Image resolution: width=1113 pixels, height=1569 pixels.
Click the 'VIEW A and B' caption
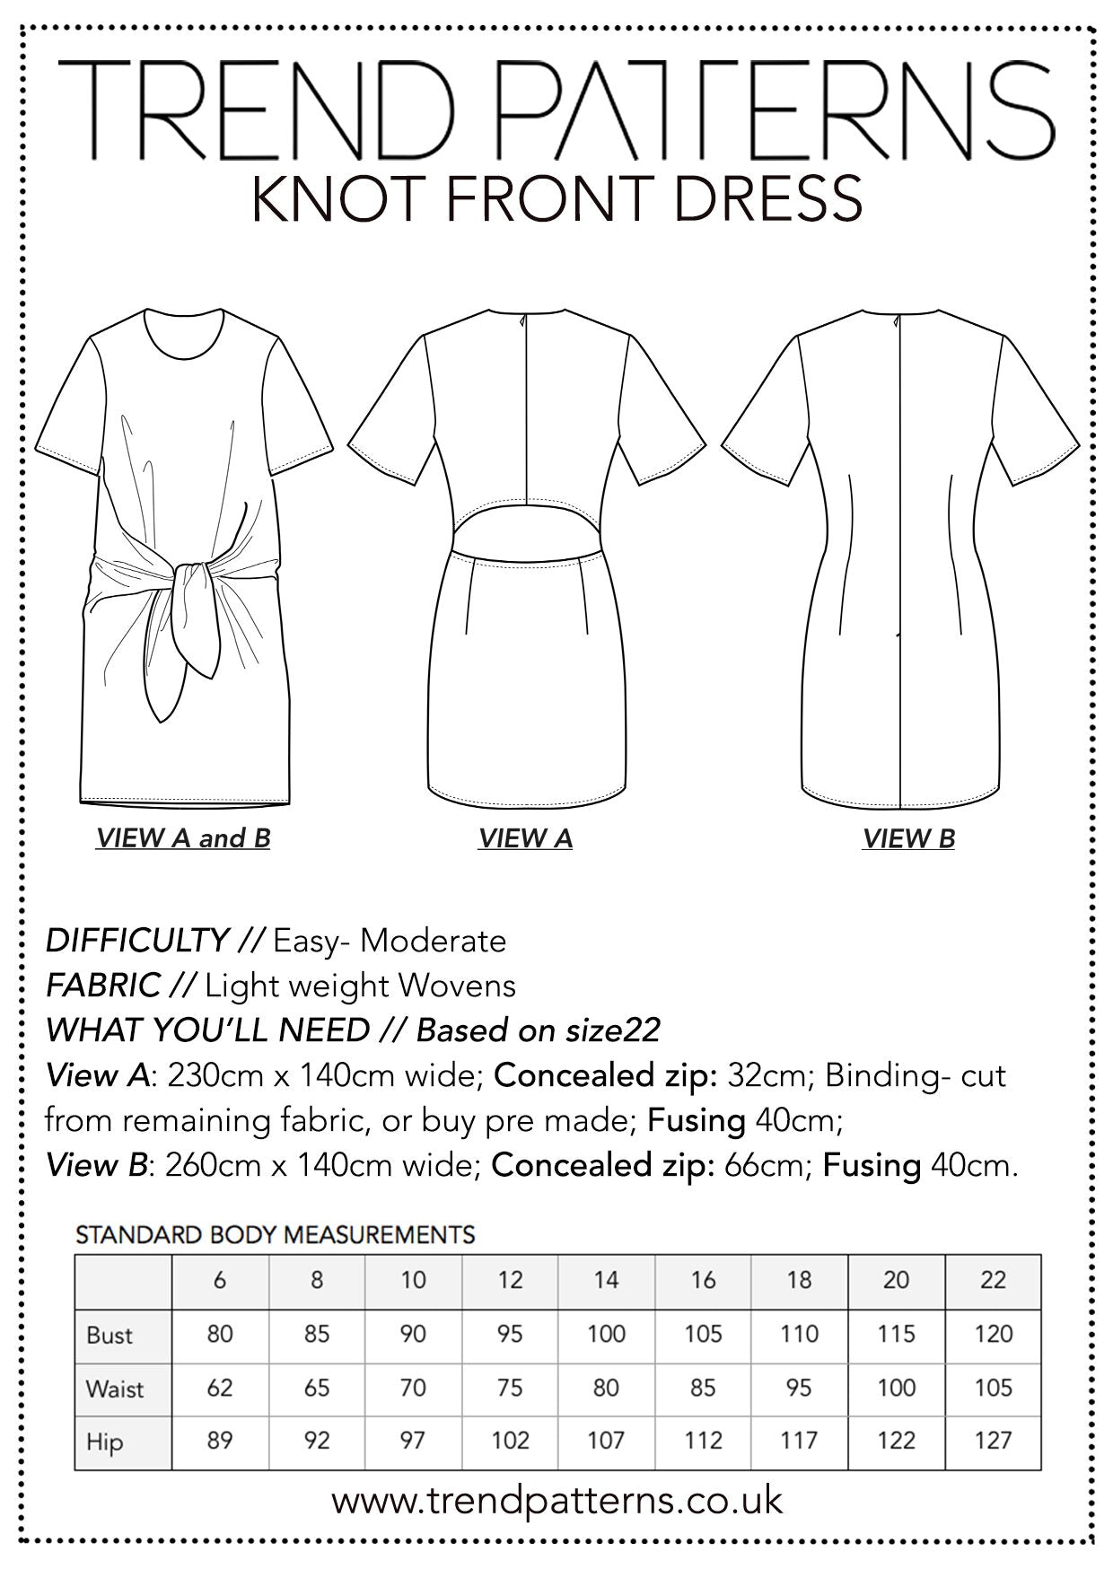coord(183,838)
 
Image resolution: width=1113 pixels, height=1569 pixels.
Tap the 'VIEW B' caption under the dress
coord(908,838)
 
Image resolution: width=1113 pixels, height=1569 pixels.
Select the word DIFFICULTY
coord(136,941)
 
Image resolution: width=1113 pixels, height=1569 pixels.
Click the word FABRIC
coord(102,986)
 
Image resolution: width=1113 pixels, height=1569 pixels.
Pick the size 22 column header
coord(993,1280)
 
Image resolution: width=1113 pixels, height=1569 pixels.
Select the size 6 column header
coord(220,1280)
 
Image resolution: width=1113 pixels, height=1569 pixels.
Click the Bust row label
coord(110,1335)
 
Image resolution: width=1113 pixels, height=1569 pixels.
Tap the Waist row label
coord(115,1389)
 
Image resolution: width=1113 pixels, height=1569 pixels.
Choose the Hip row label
coord(104,1442)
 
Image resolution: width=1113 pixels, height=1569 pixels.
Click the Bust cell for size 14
coord(606,1335)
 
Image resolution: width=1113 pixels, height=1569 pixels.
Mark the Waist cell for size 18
coord(799,1389)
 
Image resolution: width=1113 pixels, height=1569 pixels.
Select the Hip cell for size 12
coord(510,1442)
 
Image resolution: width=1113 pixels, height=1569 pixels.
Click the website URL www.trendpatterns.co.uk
coord(556,1501)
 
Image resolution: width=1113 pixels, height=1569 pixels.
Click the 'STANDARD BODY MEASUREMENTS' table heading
coord(275,1235)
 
